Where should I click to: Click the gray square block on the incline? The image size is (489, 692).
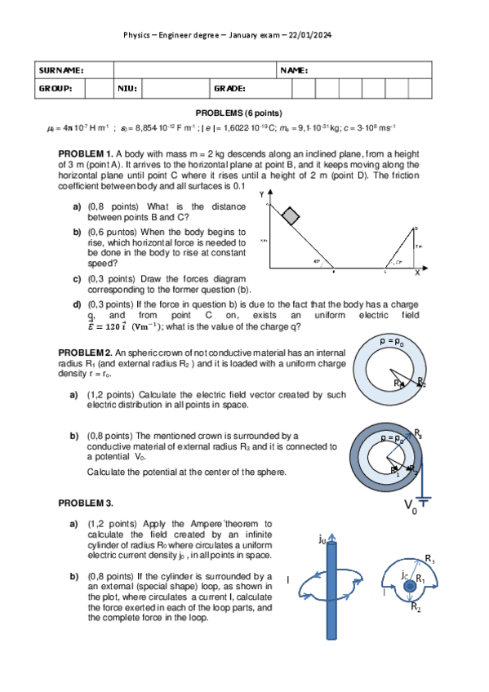(x=290, y=215)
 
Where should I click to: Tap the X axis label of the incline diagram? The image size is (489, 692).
(x=416, y=272)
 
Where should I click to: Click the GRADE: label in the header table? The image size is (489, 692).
(x=230, y=88)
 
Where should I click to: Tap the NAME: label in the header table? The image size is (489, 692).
(x=293, y=70)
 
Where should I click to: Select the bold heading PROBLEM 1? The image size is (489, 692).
(x=86, y=153)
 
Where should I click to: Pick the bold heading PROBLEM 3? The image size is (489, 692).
(x=86, y=502)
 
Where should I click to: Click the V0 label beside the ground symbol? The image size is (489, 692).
(x=411, y=508)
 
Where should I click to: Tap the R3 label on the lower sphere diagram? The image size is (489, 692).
(x=417, y=433)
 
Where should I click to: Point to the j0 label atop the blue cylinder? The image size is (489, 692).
(x=322, y=539)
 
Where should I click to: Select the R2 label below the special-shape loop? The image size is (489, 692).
(x=415, y=608)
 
